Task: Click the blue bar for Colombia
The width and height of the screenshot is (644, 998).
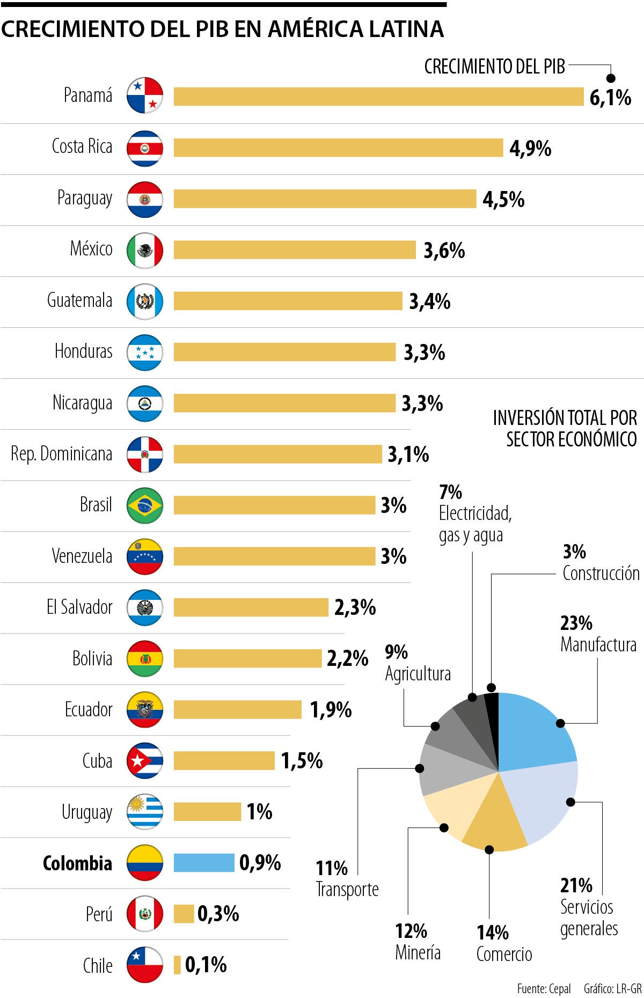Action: [204, 862]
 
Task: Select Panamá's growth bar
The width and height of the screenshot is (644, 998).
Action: [378, 97]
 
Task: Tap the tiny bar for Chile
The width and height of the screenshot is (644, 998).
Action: [177, 965]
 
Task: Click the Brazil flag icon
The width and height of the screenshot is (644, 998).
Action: [145, 505]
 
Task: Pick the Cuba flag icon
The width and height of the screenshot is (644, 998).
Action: [145, 760]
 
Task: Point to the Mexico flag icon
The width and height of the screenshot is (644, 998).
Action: [145, 250]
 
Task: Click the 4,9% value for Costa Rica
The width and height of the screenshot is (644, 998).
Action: [530, 149]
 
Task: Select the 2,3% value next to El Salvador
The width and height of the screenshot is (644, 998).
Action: [355, 607]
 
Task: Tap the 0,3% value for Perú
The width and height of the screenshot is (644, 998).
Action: [218, 914]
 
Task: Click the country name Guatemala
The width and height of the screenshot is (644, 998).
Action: [80, 300]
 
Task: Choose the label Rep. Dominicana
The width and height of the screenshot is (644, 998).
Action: [62, 454]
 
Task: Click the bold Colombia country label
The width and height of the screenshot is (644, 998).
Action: [77, 863]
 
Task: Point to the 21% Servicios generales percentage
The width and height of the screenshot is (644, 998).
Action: [576, 885]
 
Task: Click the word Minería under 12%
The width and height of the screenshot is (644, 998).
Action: [418, 952]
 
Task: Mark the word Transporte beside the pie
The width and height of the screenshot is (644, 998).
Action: [347, 889]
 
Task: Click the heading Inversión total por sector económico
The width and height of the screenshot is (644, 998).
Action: [565, 428]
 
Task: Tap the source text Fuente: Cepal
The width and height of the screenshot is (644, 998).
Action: [544, 988]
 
